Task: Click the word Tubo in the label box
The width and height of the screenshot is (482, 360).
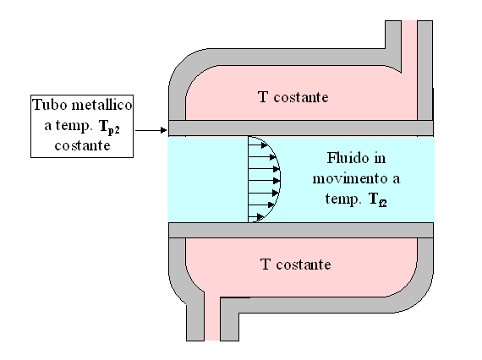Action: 50,105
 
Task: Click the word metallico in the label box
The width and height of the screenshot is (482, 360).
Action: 101,105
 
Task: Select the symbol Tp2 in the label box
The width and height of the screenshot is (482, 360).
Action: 109,127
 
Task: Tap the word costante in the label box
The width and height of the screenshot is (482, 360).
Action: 82,145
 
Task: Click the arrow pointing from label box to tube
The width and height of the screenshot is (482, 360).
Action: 151,130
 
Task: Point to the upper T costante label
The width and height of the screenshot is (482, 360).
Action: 293,97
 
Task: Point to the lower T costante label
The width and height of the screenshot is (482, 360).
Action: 295,265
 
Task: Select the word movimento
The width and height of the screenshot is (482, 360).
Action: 350,178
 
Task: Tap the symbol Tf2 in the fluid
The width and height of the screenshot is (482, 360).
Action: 378,199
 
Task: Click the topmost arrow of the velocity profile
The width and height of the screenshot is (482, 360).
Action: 258,145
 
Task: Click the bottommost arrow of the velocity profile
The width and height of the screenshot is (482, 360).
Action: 255,217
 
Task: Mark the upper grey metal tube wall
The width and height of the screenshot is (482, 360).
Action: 301,128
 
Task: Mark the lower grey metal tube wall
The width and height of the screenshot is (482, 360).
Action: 301,231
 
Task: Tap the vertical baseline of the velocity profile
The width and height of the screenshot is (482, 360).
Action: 248,179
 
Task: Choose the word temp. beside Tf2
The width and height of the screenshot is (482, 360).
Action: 342,199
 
